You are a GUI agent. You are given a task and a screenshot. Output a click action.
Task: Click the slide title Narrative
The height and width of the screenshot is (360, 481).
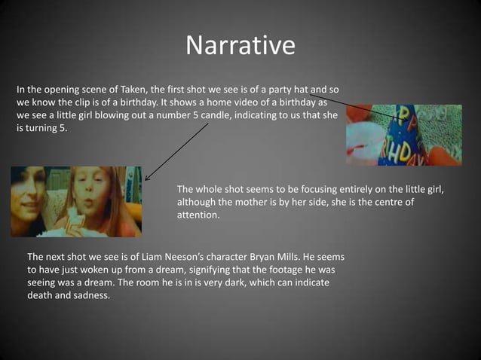click(240, 46)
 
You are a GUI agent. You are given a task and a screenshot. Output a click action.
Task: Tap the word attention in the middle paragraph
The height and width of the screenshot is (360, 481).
click(198, 215)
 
